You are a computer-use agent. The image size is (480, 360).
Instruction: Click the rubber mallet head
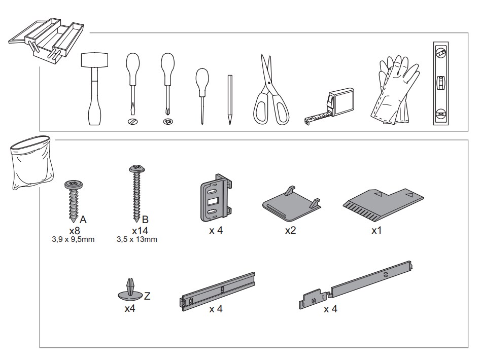[x=94, y=60]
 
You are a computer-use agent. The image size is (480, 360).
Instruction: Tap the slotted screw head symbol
[x=132, y=121]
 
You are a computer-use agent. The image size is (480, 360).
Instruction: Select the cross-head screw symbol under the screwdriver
[x=168, y=121]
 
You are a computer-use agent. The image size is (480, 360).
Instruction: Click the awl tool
[x=202, y=96]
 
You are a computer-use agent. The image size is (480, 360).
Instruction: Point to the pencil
[x=230, y=100]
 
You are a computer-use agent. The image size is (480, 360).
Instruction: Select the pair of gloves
[x=395, y=90]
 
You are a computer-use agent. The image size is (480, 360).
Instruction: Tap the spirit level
[x=441, y=83]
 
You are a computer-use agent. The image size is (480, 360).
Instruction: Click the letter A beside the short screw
[x=83, y=220]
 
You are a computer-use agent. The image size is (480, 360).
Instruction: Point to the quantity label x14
[x=140, y=230]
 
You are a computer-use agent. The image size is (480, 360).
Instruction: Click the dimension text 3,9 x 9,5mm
[x=73, y=239]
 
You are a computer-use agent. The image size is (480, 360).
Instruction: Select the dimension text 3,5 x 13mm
[x=137, y=239]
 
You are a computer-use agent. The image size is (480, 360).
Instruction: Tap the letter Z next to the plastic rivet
[x=147, y=296]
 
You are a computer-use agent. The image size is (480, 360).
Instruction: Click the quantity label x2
[x=291, y=230]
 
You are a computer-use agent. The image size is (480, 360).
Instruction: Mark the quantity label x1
[x=376, y=230]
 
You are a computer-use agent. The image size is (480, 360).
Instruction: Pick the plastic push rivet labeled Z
[x=130, y=290]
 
